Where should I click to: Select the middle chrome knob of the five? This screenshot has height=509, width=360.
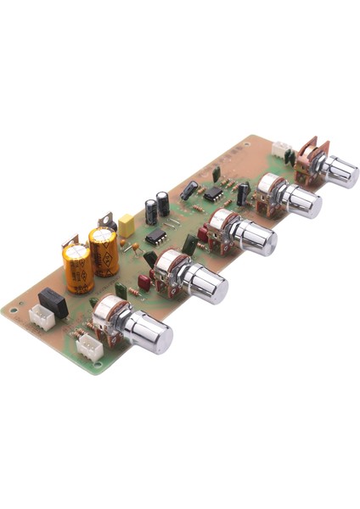tap(252, 237)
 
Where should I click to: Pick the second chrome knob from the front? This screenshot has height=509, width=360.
tap(204, 282)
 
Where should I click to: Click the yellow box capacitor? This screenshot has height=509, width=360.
tap(127, 227)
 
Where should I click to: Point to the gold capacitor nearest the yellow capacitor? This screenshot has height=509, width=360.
tap(104, 250)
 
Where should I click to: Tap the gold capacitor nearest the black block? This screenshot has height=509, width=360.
tap(77, 266)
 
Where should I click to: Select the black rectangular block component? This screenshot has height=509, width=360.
tap(53, 301)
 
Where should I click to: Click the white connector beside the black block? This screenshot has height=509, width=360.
tap(40, 317)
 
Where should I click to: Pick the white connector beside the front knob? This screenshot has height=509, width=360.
tap(88, 346)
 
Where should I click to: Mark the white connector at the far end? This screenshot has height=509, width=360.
tap(279, 148)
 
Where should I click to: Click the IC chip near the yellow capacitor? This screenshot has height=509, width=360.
tap(155, 236)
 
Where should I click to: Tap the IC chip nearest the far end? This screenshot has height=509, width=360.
tap(213, 193)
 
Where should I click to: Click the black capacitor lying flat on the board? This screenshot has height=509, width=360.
tap(189, 190)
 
